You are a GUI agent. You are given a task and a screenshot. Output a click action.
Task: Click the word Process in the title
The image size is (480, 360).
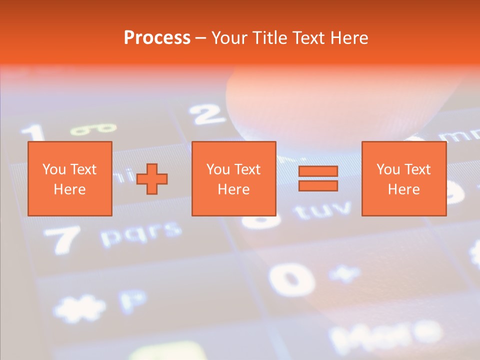tap(157, 38)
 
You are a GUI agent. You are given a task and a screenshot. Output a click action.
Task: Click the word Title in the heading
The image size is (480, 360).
tap(269, 38)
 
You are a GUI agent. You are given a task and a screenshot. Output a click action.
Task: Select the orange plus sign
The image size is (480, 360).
tap(152, 179)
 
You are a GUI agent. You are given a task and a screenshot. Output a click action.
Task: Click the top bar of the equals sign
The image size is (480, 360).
tap(318, 171)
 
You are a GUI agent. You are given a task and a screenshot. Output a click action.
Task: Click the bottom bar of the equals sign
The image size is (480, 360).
tap(318, 185)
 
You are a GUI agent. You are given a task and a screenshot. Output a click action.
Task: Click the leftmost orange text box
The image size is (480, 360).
tap(69, 179)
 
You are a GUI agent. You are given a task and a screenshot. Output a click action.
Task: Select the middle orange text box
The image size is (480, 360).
tap(233, 179)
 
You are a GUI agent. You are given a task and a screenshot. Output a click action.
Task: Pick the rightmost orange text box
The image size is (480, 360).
tap(403, 179)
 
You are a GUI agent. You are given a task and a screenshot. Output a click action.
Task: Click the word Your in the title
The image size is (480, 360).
tap(229, 38)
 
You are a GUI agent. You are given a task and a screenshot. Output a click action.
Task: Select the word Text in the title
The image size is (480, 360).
tap(306, 38)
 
